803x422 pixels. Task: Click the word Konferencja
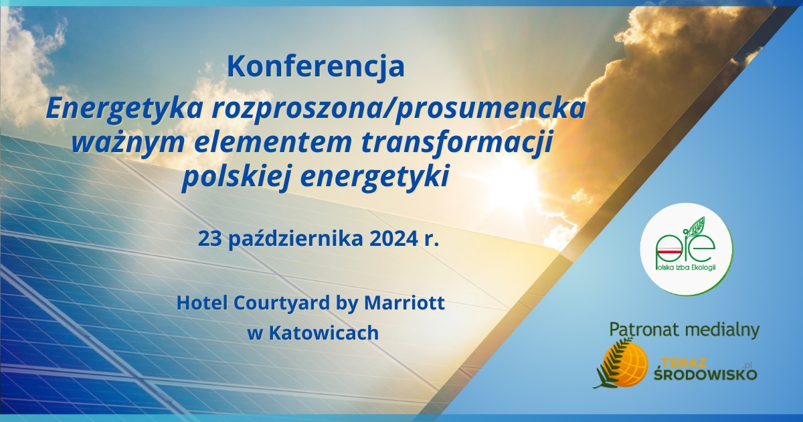click(316, 67)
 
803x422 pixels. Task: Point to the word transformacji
click(456, 143)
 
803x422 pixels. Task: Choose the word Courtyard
click(282, 303)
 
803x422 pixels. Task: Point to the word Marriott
click(404, 303)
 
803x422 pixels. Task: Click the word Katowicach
click(324, 333)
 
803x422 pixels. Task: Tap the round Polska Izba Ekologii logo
click(687, 249)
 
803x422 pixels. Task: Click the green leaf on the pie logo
click(697, 227)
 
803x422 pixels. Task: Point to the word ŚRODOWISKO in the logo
click(705, 374)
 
